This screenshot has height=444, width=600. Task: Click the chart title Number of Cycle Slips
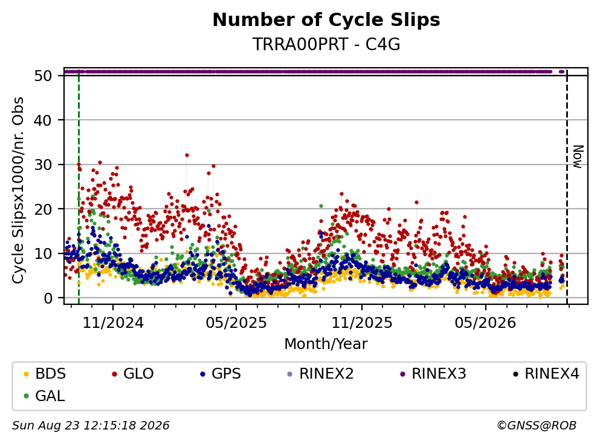tap(326, 20)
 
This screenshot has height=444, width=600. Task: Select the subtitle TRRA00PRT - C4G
tap(326, 44)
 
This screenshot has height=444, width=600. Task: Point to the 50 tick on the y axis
tap(44, 76)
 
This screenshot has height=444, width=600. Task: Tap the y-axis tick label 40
tap(44, 120)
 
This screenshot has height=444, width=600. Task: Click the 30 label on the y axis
tap(44, 165)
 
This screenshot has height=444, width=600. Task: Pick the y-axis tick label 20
tap(44, 209)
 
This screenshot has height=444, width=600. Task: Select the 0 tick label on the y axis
tap(48, 298)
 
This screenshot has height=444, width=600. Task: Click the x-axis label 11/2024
tap(113, 323)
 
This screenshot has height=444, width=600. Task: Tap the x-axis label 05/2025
tap(236, 323)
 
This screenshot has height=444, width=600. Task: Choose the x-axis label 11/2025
tap(362, 323)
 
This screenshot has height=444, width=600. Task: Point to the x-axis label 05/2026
tap(485, 323)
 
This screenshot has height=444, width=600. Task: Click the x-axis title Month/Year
tap(326, 344)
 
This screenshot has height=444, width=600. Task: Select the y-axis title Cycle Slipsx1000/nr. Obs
tap(18, 191)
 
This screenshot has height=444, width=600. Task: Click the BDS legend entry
tap(45, 373)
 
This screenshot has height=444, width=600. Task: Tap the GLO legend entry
tap(133, 373)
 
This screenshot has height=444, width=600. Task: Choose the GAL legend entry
tap(44, 396)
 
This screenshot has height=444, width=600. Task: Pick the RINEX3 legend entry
tap(433, 373)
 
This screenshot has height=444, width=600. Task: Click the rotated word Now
tap(578, 157)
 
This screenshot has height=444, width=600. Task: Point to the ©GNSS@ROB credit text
tap(537, 425)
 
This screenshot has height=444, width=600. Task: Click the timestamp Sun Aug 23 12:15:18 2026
tap(91, 425)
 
